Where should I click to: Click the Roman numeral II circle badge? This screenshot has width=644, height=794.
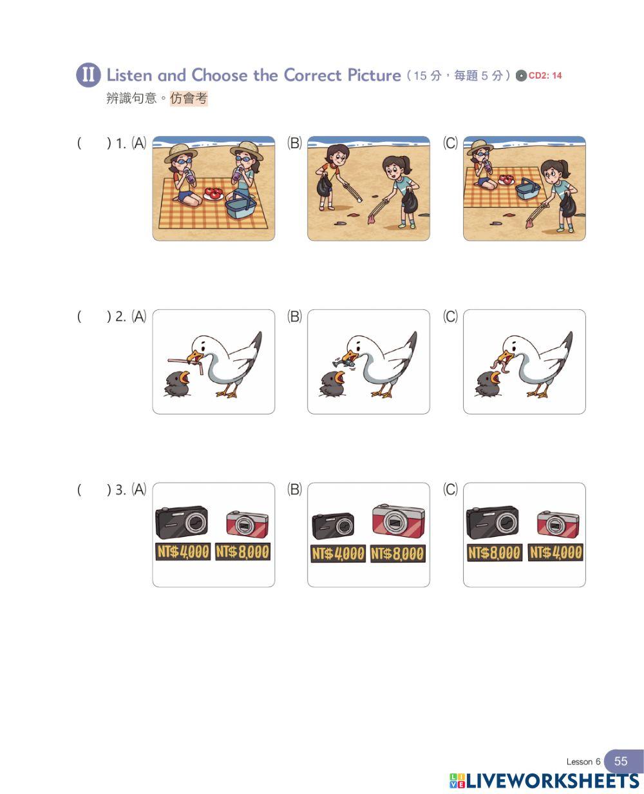[88, 75]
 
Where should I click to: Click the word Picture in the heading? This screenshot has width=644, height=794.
[374, 75]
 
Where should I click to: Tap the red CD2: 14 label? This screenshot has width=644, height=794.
[545, 75]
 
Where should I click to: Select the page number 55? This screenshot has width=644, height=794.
[621, 761]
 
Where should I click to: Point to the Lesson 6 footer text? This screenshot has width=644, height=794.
[583, 762]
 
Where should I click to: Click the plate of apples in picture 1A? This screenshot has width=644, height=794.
[214, 193]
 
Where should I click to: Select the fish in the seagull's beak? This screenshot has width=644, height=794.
[344, 361]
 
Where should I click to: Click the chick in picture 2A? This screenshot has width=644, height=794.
[177, 383]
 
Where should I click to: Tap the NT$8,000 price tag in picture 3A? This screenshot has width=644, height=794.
[243, 552]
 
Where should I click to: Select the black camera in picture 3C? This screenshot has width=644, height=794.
[493, 522]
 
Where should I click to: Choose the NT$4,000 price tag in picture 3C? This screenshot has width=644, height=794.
[555, 552]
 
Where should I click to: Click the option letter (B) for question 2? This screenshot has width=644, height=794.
[294, 316]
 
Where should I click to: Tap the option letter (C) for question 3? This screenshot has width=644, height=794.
[450, 489]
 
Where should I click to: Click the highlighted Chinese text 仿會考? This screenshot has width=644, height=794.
[189, 99]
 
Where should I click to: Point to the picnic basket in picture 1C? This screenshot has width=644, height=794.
[528, 188]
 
